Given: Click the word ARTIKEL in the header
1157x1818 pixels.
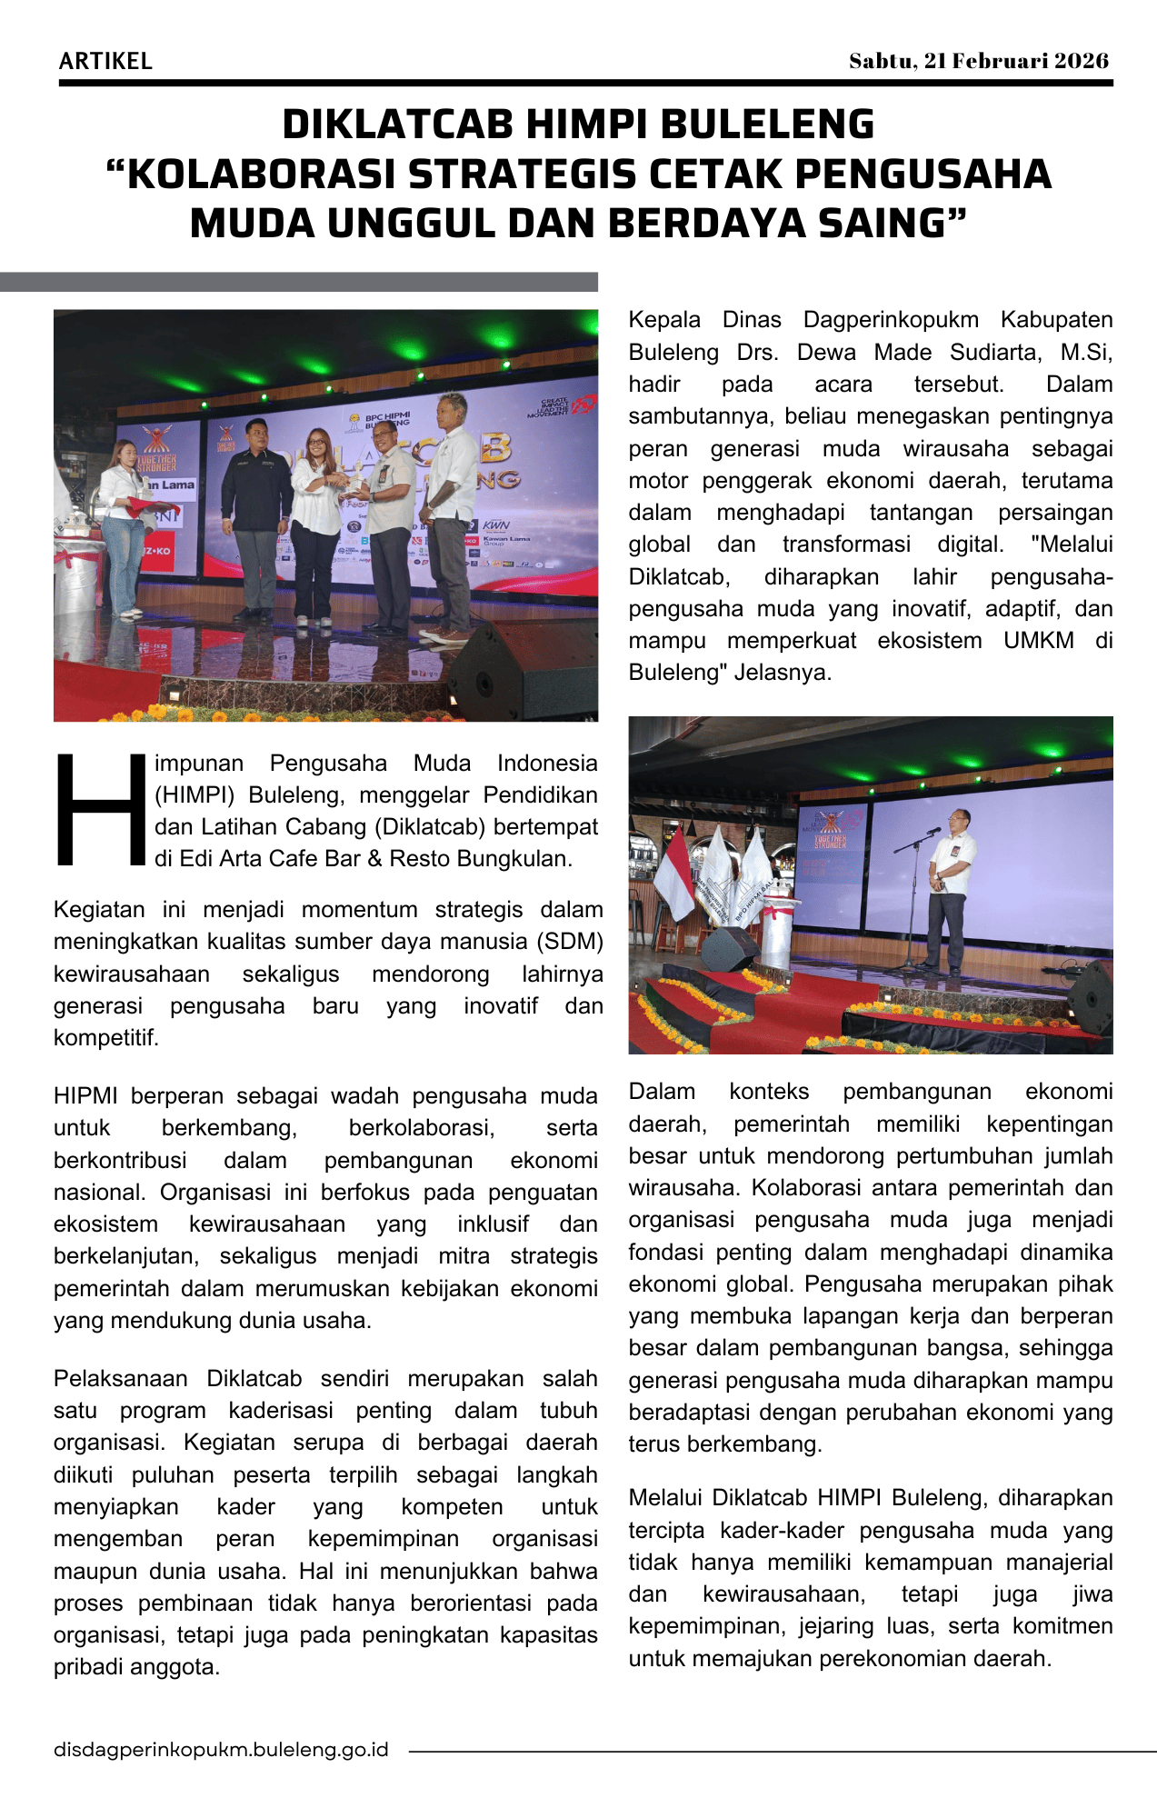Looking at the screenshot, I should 105,62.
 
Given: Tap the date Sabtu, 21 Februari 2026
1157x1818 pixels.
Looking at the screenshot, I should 979,61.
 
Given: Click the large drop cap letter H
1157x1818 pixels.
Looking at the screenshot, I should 100,810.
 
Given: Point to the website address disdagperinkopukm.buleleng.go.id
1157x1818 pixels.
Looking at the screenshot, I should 221,1750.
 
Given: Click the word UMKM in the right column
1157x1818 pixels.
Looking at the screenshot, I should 1038,641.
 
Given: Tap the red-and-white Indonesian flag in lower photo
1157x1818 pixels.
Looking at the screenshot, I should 673,873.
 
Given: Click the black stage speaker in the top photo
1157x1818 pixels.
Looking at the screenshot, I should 523,671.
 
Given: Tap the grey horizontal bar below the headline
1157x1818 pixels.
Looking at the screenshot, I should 299,282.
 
